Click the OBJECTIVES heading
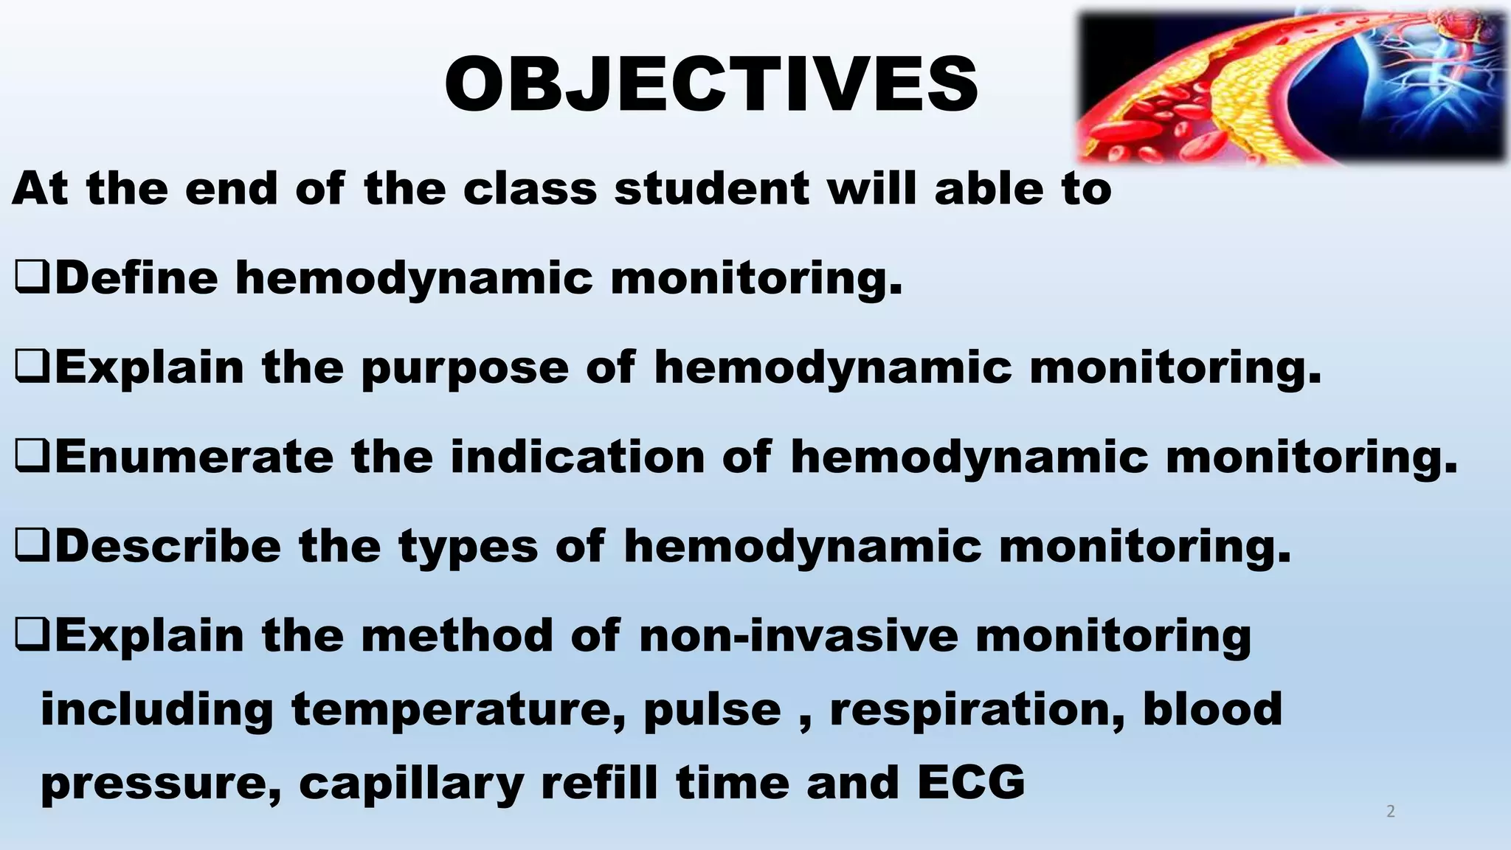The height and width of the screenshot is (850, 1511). (711, 85)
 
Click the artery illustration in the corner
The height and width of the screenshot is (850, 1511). (1291, 87)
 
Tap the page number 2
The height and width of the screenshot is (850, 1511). (1391, 812)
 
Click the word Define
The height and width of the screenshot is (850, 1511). (136, 278)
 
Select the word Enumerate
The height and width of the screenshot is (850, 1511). (194, 457)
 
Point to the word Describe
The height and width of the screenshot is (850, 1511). (168, 546)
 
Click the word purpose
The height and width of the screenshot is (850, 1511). (465, 369)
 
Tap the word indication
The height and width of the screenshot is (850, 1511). (578, 457)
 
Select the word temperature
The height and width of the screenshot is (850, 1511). (457, 710)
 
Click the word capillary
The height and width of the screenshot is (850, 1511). (411, 784)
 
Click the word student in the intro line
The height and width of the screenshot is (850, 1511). (712, 188)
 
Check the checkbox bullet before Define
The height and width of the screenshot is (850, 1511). (32, 280)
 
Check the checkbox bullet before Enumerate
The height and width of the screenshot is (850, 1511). (32, 458)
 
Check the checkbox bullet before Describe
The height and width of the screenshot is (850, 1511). (32, 547)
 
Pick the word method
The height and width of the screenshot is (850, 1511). (457, 635)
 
